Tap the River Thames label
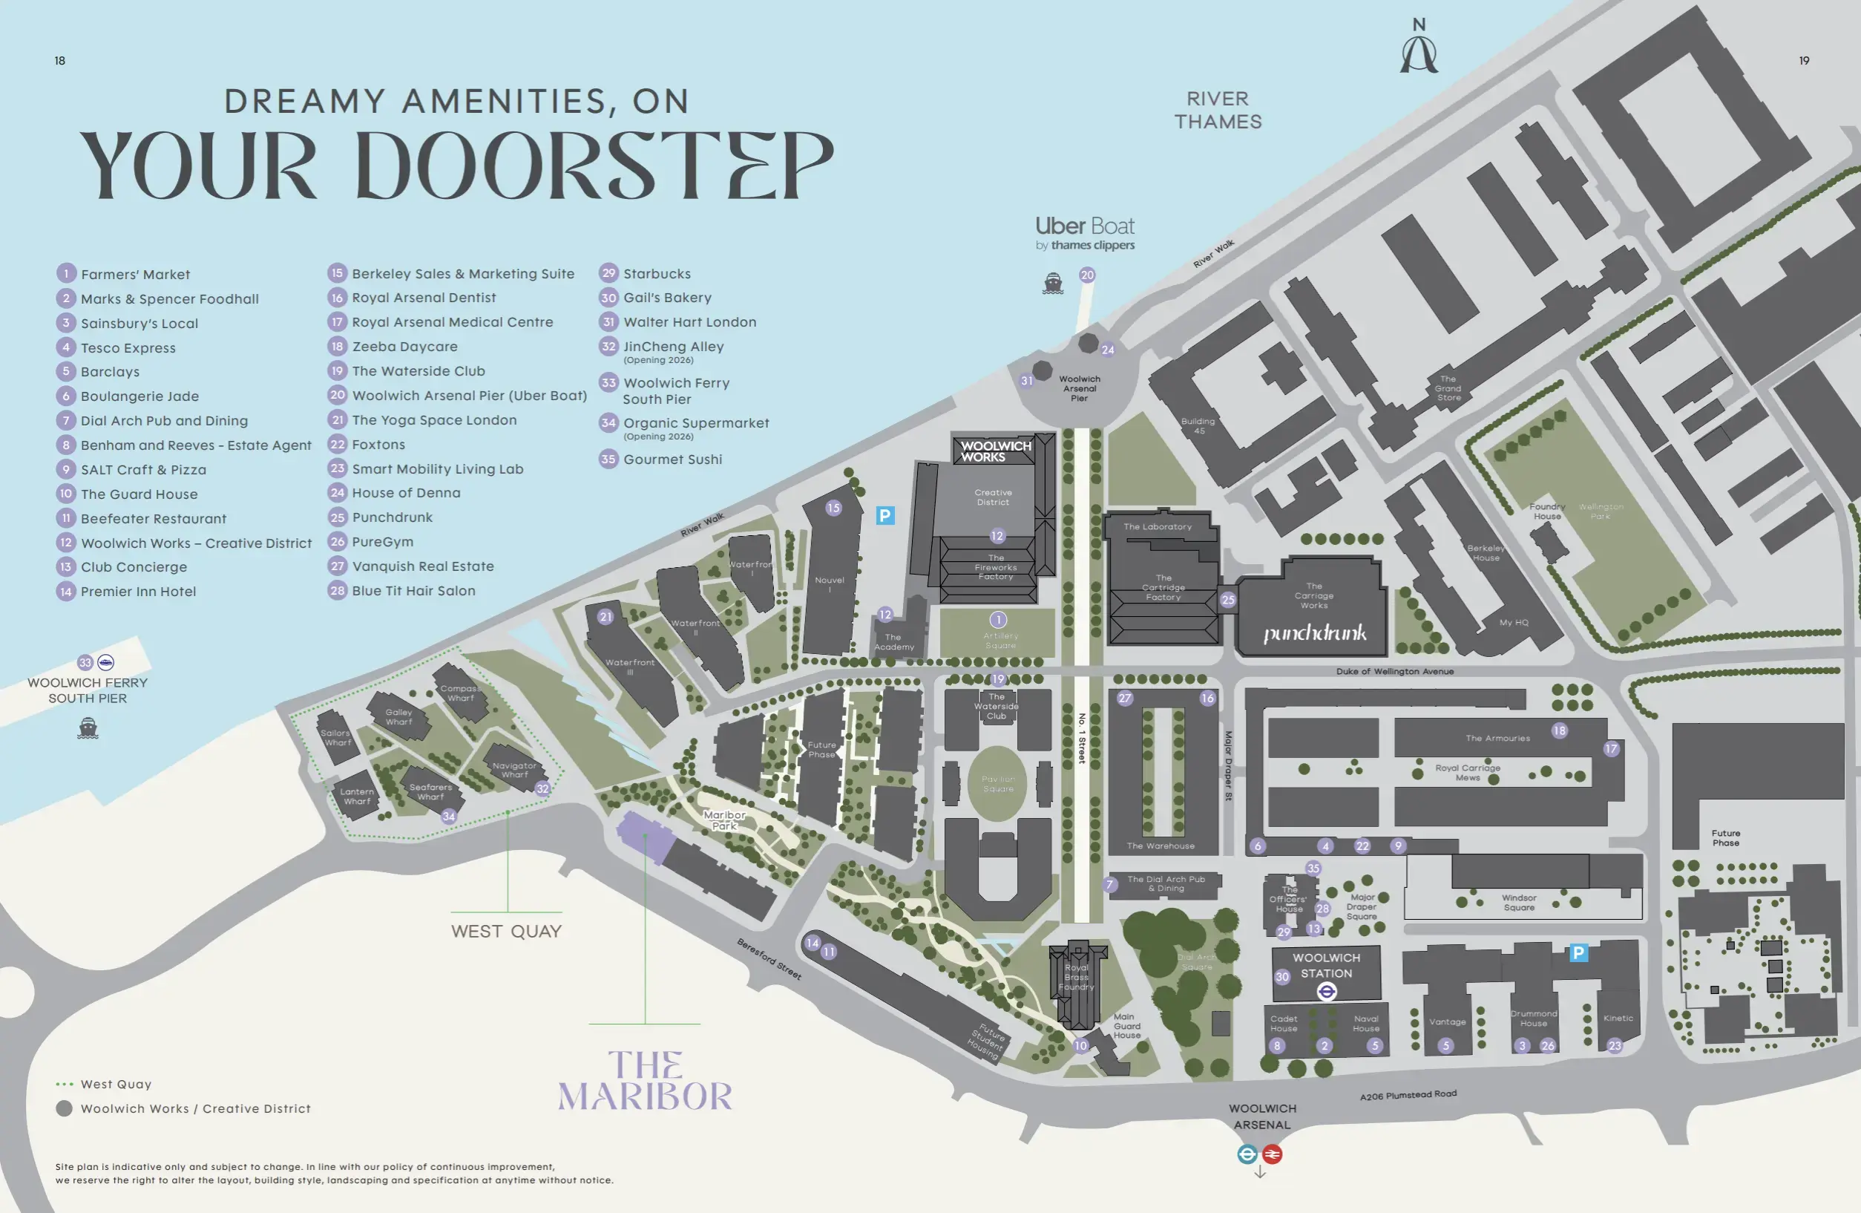click(1218, 111)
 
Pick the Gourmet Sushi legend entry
click(672, 460)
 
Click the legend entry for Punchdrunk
click(392, 517)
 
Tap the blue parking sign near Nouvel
click(884, 515)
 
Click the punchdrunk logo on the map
click(1314, 632)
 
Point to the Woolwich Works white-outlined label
click(994, 451)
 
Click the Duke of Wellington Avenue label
click(1394, 672)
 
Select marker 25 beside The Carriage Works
click(1227, 600)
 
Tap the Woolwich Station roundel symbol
click(1326, 992)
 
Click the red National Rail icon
click(1273, 1154)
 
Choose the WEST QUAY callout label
click(506, 932)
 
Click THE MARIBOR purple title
click(644, 1082)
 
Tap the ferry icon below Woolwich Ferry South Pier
click(88, 729)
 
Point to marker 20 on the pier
click(1087, 275)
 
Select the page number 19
click(1804, 61)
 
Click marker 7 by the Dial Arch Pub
click(1109, 886)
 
